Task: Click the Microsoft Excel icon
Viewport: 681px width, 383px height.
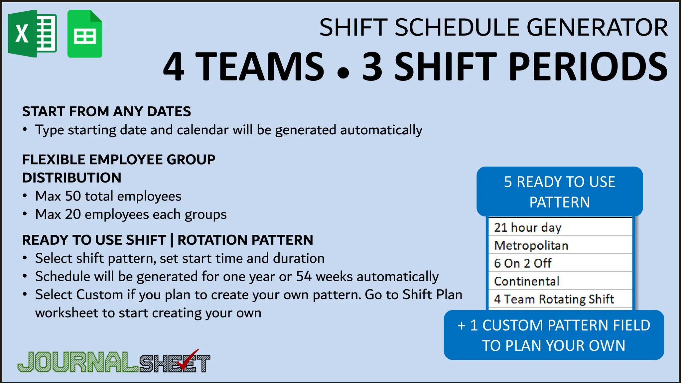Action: click(32, 34)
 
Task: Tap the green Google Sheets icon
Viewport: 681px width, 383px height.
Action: click(85, 34)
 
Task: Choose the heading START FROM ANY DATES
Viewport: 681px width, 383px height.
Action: click(106, 111)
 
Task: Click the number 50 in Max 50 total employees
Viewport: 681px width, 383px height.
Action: click(73, 196)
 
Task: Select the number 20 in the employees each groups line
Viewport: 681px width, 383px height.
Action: click(73, 214)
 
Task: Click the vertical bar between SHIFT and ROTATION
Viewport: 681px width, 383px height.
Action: click(172, 240)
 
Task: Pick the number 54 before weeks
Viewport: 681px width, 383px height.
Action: click(304, 277)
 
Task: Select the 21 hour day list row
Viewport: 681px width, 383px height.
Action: click(560, 227)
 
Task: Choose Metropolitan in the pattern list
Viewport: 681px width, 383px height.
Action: click(560, 245)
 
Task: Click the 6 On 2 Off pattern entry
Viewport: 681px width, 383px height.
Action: click(560, 263)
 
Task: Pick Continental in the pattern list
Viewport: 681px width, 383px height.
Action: click(560, 281)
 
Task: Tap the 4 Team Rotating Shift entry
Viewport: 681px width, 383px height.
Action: click(560, 299)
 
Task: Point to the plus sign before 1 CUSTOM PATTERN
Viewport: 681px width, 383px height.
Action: click(462, 325)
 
